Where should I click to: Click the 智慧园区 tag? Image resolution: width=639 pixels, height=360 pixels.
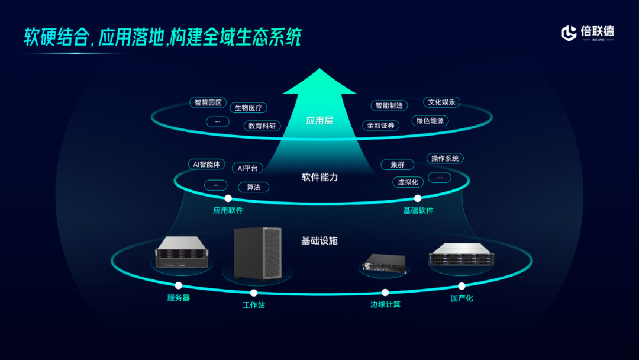click(208, 102)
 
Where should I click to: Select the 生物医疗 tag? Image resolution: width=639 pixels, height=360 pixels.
click(248, 108)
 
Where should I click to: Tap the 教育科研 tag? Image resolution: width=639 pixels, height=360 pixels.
click(262, 126)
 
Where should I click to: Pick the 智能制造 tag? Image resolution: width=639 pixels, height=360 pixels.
click(389, 105)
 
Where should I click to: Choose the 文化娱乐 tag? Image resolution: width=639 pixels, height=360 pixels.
click(441, 102)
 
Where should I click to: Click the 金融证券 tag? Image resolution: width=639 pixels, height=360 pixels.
click(380, 126)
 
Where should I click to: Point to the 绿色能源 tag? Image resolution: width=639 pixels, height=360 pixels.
click(430, 121)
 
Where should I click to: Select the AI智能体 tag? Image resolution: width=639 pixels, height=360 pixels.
click(206, 164)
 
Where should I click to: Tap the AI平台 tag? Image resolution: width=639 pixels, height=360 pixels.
click(247, 168)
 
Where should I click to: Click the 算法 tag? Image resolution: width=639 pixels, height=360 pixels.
click(253, 187)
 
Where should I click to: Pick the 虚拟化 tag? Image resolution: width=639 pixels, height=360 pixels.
click(408, 182)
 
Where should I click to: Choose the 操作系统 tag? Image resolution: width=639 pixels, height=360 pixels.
click(445, 159)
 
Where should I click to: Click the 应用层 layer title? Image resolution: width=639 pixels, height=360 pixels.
click(319, 121)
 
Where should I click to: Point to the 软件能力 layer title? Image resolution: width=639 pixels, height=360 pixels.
click(319, 177)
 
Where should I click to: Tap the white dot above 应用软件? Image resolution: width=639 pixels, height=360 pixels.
click(228, 198)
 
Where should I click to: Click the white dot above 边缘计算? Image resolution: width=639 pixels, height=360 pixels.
click(385, 292)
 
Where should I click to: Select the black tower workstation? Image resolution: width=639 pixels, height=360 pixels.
click(256, 253)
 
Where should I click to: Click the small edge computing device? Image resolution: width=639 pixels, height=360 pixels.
click(385, 264)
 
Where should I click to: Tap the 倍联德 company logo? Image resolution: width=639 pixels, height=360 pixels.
click(588, 33)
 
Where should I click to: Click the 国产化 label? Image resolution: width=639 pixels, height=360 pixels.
click(461, 298)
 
